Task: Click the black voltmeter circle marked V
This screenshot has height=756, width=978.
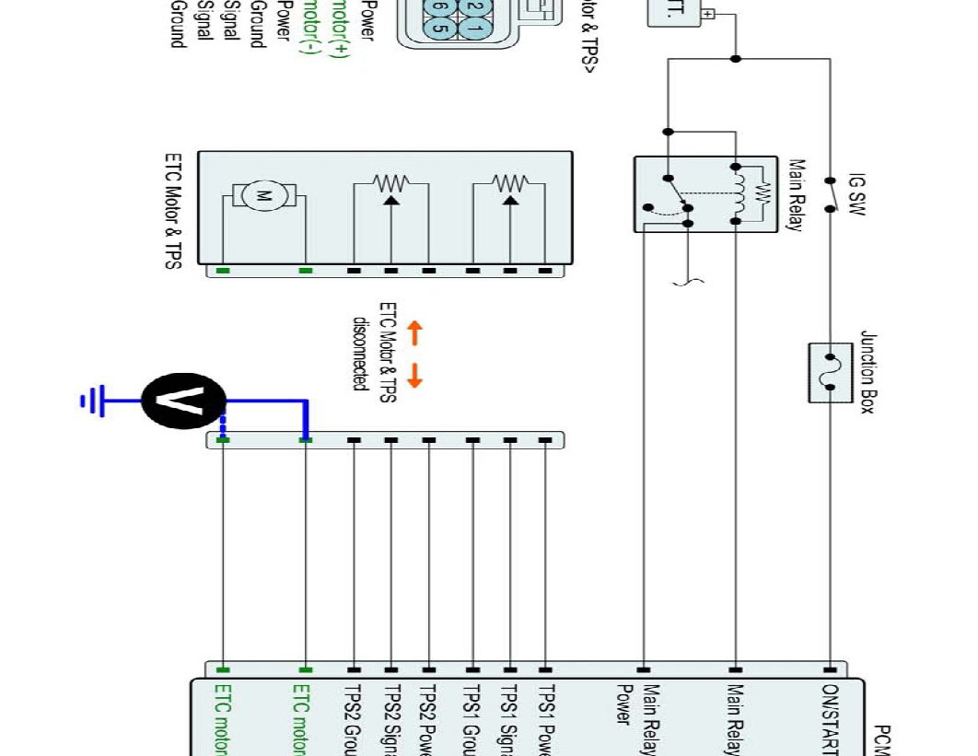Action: (183, 401)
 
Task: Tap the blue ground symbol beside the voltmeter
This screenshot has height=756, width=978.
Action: (92, 401)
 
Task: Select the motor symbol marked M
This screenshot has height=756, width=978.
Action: (263, 195)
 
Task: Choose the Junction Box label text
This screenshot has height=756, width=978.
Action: (867, 373)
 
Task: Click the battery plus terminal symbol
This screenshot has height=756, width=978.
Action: (708, 14)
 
